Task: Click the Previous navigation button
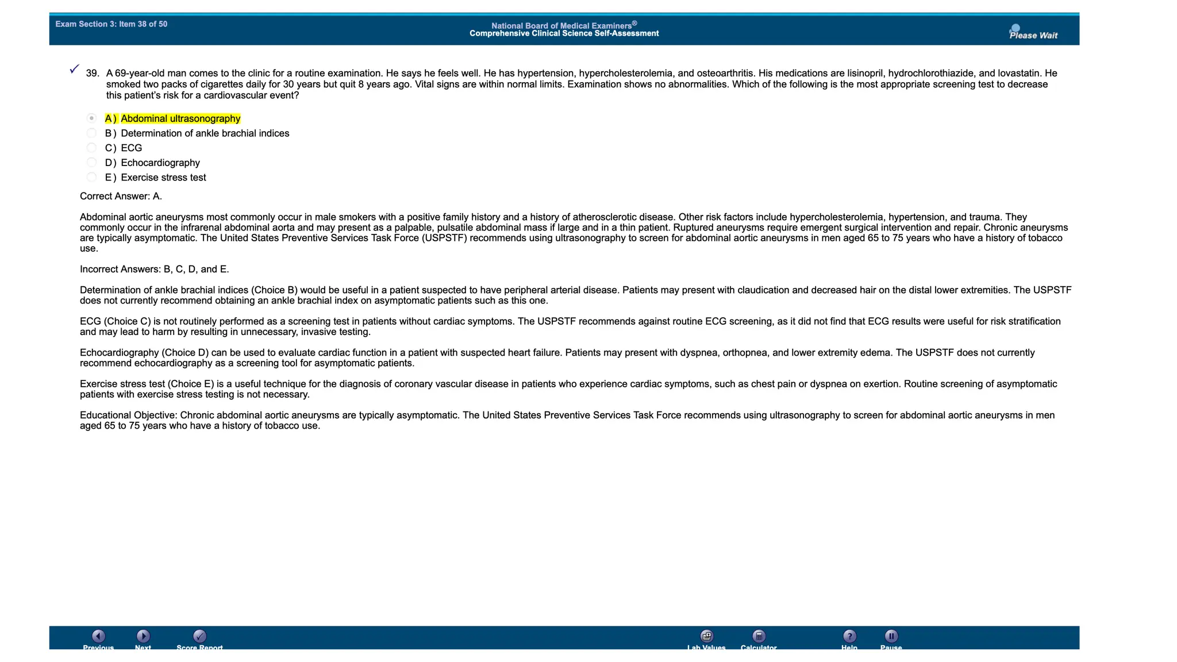tap(98, 636)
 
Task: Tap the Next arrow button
tap(143, 636)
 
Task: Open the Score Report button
tap(199, 636)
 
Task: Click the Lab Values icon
tap(707, 636)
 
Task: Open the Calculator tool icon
tap(759, 636)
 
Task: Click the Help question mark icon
tap(849, 636)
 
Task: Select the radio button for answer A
tap(91, 118)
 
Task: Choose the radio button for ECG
tap(91, 148)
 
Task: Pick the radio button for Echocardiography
tap(91, 163)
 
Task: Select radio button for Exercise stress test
tap(91, 178)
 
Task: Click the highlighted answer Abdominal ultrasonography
tap(180, 119)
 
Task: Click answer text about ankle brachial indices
tap(205, 133)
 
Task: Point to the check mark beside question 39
tap(74, 69)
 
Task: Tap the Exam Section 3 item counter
tap(111, 24)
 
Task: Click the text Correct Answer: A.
tap(121, 197)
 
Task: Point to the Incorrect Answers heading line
tap(154, 270)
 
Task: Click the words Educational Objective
tap(128, 415)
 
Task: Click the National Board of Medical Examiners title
tap(564, 26)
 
